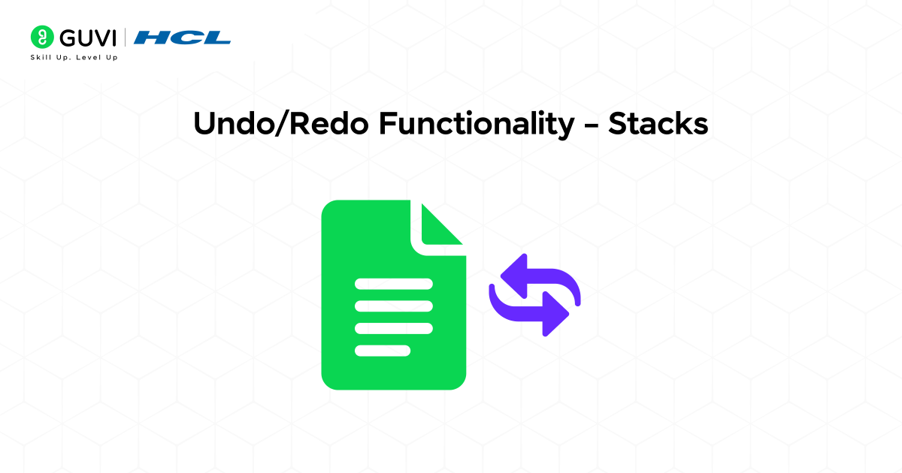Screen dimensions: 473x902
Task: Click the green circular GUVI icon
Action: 41,37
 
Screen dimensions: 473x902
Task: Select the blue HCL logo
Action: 185,37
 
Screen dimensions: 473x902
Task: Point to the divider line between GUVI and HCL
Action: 135,37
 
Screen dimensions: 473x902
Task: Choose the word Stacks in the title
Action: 658,125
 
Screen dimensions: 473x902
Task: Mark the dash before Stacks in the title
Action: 591,126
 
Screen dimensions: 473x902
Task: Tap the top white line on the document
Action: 394,284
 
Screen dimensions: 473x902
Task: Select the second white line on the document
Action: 394,306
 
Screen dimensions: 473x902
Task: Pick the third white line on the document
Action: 394,328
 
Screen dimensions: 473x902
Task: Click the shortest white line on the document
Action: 383,350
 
